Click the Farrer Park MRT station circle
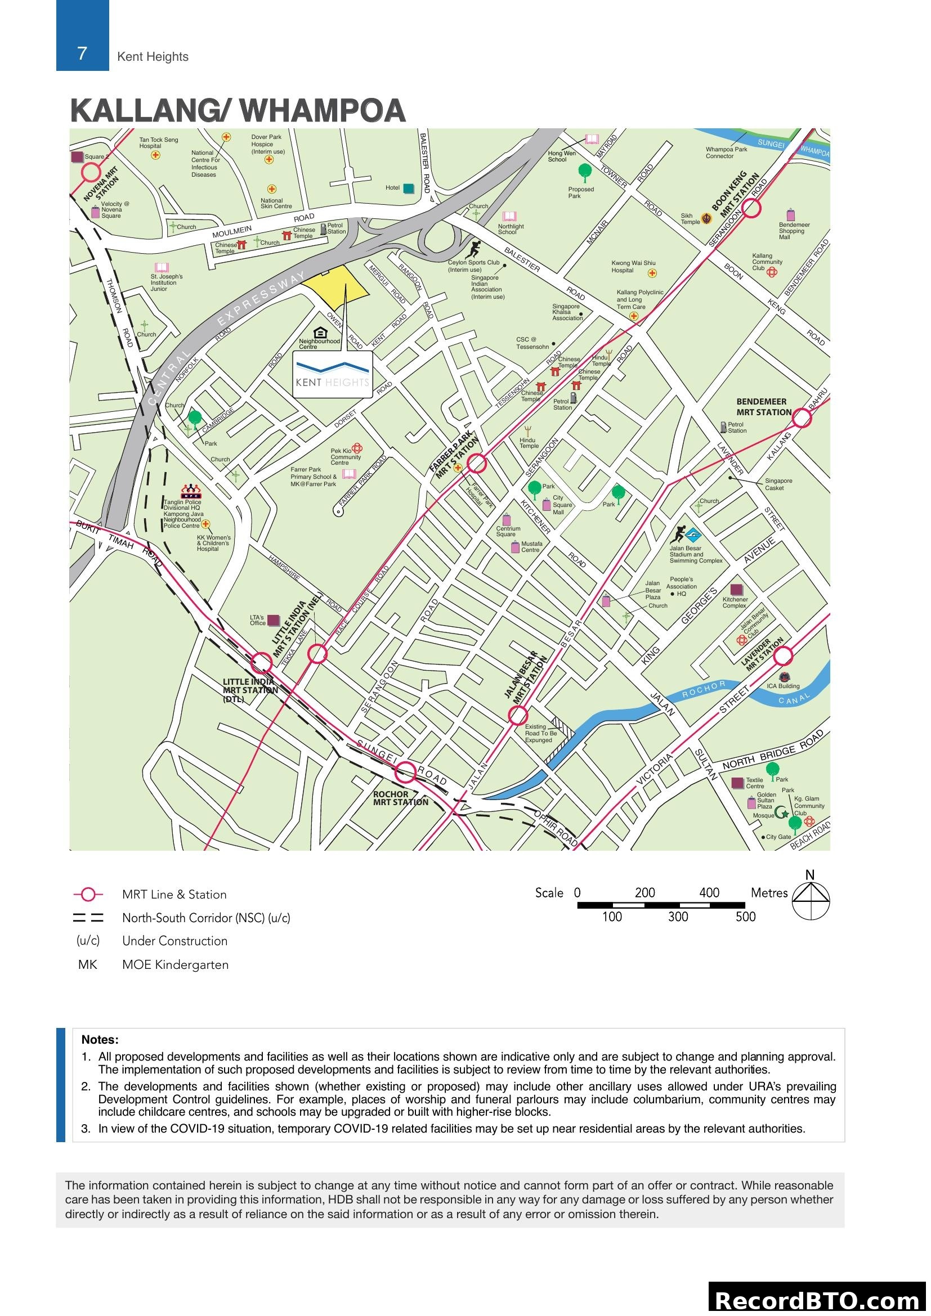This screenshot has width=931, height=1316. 476,462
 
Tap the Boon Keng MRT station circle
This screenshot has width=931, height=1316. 751,209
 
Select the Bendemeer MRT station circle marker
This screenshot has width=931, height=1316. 802,419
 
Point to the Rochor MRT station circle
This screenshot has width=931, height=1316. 406,772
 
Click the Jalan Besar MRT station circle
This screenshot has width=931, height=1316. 518,715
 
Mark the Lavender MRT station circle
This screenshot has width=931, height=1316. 783,655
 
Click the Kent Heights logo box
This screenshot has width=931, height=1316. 333,374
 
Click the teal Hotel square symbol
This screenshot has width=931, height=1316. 408,188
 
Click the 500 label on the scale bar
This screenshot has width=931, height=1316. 745,917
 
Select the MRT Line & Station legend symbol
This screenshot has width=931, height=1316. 88,894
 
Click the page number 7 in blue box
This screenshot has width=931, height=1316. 82,53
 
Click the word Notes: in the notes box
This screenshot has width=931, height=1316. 100,1040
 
